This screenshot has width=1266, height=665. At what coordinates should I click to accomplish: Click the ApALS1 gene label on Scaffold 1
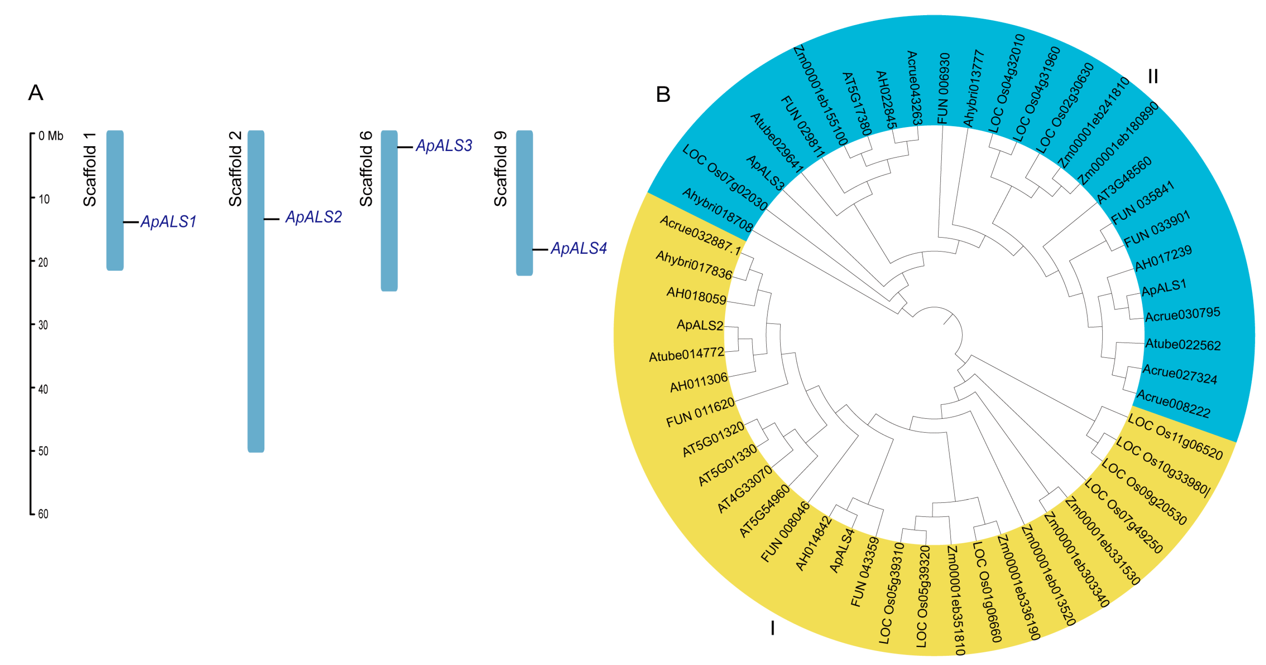pos(168,222)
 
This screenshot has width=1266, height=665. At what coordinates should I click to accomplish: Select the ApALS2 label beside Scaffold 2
pos(314,217)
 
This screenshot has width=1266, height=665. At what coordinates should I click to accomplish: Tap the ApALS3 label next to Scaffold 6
pos(444,146)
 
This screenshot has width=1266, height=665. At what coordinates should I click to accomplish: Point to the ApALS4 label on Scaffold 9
pos(578,249)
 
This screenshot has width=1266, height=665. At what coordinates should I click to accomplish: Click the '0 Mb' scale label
pos(51,136)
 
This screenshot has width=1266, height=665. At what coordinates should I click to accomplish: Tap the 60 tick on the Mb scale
pos(43,514)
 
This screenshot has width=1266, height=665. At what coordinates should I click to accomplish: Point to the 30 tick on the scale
pos(43,325)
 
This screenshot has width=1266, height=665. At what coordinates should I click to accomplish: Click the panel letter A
pos(35,93)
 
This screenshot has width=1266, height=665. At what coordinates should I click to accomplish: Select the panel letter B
pos(663,94)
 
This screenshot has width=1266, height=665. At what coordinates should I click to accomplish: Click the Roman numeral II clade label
pos(1152,77)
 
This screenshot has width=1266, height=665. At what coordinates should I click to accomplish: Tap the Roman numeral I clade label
pos(772,628)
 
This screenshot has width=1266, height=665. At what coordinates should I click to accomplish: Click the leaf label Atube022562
pos(1182,345)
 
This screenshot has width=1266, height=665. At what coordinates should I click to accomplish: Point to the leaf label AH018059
pos(696,296)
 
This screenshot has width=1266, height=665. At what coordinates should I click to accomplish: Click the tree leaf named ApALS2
pos(700,325)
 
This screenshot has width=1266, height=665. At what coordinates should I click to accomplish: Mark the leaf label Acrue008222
pos(1173,404)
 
